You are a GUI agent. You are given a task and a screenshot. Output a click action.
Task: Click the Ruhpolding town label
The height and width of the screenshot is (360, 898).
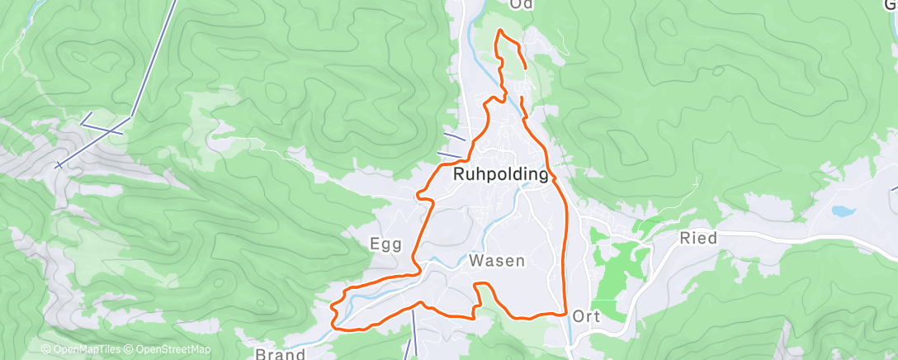click(501, 175)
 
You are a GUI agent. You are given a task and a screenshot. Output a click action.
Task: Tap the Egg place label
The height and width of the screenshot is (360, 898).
click(385, 244)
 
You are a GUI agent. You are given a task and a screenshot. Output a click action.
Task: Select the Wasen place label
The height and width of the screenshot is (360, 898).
click(497, 261)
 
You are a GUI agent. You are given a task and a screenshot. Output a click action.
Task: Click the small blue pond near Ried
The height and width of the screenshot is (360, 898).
click(843, 211)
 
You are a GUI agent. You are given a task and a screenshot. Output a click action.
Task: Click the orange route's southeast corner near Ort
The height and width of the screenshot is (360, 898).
click(564, 313)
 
